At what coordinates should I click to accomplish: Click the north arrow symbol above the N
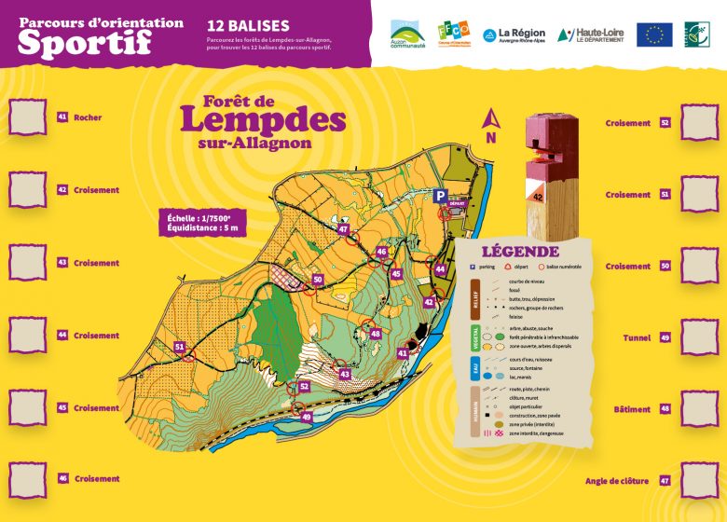pos(489,118)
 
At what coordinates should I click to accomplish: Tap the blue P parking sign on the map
pos(440,196)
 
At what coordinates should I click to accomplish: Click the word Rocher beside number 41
pos(88,118)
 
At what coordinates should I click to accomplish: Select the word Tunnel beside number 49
pos(638,337)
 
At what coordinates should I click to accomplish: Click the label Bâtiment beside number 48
pos(632,409)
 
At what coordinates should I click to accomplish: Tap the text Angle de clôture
pos(617,481)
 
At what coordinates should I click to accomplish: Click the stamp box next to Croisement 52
pos(699,122)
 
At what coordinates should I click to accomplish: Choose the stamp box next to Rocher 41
pos(27,117)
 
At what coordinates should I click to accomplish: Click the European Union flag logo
pos(654,34)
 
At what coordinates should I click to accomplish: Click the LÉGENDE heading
pos(520,252)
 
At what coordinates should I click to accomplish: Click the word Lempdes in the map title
pos(263,121)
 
